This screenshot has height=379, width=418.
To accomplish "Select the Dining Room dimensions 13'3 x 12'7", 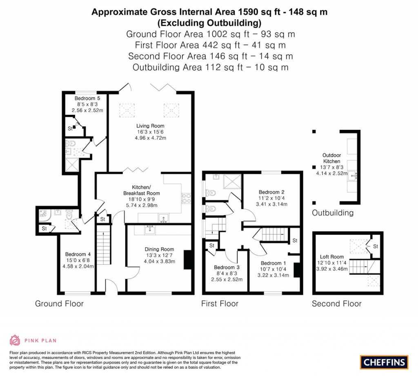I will pyautogui.click(x=159, y=255).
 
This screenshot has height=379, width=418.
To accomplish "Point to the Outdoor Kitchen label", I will pyautogui.click(x=331, y=158).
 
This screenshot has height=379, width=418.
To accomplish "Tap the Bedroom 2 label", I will pyautogui.click(x=271, y=192).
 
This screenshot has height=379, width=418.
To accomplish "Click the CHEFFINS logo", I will pyautogui.click(x=384, y=362).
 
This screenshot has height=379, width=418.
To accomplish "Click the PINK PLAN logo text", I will pyautogui.click(x=40, y=340).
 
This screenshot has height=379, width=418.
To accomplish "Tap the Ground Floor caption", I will pyautogui.click(x=59, y=303).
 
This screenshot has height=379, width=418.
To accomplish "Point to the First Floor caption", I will pyautogui.click(x=220, y=303).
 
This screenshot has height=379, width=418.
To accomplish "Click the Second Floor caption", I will pyautogui.click(x=336, y=303).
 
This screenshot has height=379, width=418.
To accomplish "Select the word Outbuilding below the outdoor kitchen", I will pyautogui.click(x=333, y=213).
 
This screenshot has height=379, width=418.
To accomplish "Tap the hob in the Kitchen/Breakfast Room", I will pyautogui.click(x=184, y=198).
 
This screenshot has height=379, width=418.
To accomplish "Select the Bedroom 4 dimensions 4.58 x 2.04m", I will pyautogui.click(x=78, y=267).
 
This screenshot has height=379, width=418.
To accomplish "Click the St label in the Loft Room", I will pyautogui.click(x=376, y=246).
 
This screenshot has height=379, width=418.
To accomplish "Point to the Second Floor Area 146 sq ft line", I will pyautogui.click(x=210, y=56).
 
